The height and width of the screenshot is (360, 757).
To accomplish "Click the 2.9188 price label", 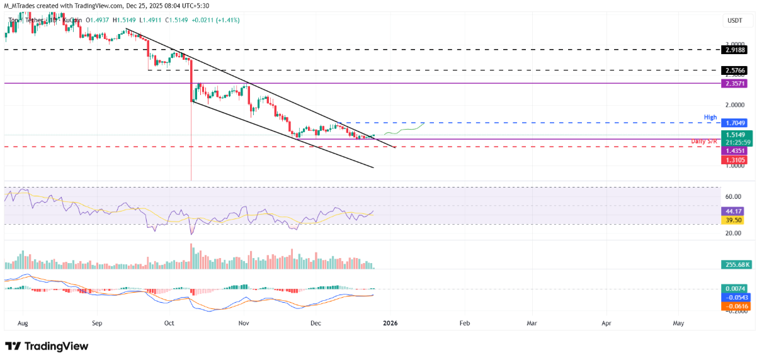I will pyautogui.click(x=735, y=48).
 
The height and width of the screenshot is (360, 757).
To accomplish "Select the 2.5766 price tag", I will pyautogui.click(x=735, y=70).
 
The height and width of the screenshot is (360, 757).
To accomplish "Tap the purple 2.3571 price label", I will pyautogui.click(x=735, y=83).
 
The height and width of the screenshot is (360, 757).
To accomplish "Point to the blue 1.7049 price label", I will pyautogui.click(x=735, y=123).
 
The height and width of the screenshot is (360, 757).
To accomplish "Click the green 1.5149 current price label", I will pyautogui.click(x=735, y=135).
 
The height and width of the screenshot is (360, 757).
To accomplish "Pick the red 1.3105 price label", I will pyautogui.click(x=735, y=160).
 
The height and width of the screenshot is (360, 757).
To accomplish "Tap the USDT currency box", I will pyautogui.click(x=734, y=21).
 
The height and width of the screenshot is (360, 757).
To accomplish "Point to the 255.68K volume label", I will pyautogui.click(x=735, y=265).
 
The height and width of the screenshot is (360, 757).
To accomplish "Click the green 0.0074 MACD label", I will pyautogui.click(x=735, y=288).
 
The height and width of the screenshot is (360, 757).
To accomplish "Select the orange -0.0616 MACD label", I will pyautogui.click(x=735, y=305).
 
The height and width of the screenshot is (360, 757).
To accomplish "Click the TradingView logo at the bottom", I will pyautogui.click(x=47, y=346).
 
